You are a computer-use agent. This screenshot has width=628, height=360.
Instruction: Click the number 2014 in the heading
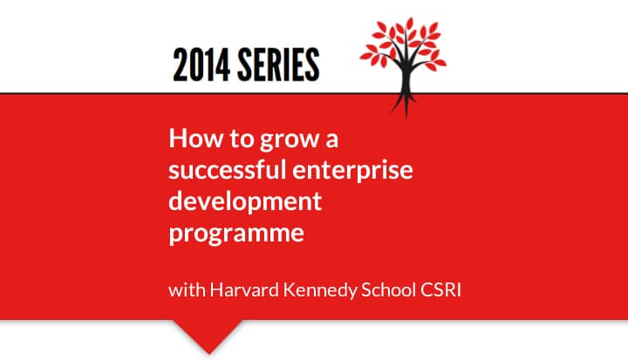(x=201, y=65)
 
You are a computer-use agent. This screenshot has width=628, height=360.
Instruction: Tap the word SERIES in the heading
(x=278, y=65)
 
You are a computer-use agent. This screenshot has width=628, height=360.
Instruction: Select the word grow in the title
(x=290, y=141)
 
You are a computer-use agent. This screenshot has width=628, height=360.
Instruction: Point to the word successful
(x=228, y=169)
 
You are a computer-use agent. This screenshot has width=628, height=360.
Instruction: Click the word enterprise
(x=352, y=171)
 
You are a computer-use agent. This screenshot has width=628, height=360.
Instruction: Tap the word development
(x=245, y=201)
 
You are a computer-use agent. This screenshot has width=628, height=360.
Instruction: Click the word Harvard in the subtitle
(x=244, y=290)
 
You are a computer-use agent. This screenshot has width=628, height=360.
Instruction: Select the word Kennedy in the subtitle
(x=319, y=291)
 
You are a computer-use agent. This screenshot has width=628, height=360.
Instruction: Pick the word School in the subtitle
(x=388, y=290)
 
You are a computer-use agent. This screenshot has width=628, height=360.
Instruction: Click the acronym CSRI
(x=440, y=290)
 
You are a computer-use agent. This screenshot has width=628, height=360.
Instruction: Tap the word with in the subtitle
(x=187, y=290)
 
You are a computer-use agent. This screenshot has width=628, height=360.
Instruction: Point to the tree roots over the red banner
(x=405, y=105)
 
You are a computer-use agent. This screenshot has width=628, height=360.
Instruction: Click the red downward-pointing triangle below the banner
(x=208, y=334)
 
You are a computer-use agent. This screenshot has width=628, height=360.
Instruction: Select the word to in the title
(x=242, y=139)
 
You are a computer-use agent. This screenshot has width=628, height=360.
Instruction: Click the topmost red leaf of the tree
(x=409, y=24)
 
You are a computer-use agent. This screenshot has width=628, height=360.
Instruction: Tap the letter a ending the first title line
(x=331, y=141)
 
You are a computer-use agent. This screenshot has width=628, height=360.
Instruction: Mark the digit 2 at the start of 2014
(x=180, y=65)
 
